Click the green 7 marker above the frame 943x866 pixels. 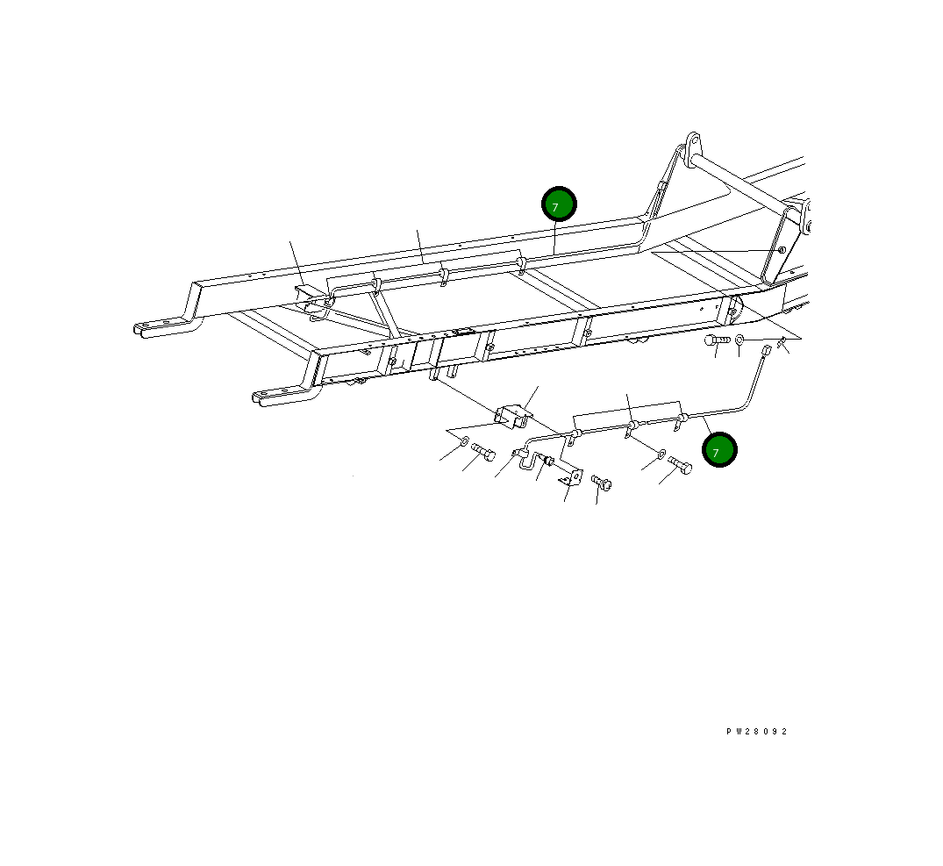click(x=559, y=204)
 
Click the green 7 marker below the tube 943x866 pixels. click(x=719, y=450)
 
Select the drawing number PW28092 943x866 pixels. click(x=756, y=732)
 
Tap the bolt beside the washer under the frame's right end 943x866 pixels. click(x=717, y=340)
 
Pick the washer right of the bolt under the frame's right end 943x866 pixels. click(x=739, y=340)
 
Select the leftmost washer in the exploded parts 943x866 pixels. click(x=465, y=440)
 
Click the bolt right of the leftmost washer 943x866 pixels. click(x=483, y=452)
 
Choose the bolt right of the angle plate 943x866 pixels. click(x=601, y=482)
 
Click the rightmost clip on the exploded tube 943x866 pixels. click(x=678, y=426)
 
